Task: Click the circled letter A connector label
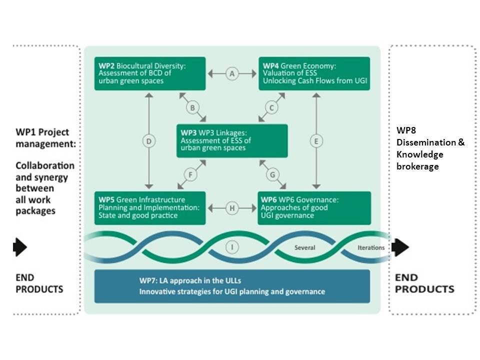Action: point(231,73)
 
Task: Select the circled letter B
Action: point(192,107)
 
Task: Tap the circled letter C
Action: point(271,107)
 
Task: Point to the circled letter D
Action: point(148,141)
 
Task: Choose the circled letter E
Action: point(316,141)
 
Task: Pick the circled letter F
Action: point(190,175)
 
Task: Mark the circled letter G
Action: point(272,175)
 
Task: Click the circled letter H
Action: point(232,208)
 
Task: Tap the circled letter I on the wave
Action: point(231,246)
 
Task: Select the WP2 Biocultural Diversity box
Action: point(150,73)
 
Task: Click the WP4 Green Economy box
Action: point(314,73)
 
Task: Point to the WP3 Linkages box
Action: point(232,141)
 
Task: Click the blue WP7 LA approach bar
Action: point(232,286)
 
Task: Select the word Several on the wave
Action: point(304,247)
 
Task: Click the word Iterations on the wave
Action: point(371,247)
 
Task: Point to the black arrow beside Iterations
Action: point(401,247)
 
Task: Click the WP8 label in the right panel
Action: point(405,130)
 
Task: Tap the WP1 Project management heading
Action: point(42,138)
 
